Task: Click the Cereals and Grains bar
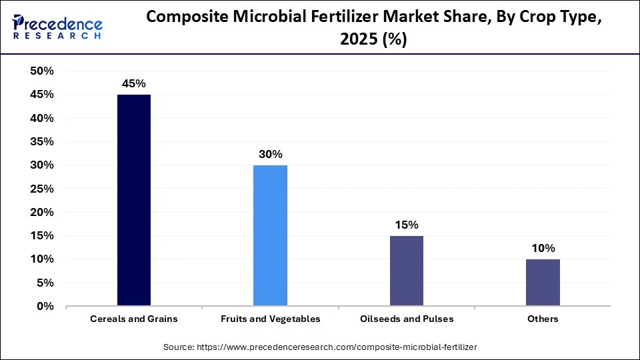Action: click(x=134, y=200)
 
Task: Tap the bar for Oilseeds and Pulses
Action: click(x=406, y=271)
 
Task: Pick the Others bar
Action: click(x=543, y=283)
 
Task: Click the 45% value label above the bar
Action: click(x=133, y=84)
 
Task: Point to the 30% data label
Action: click(x=270, y=154)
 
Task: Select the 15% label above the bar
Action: click(x=406, y=225)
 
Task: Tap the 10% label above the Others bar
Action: click(x=543, y=248)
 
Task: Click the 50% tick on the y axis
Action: click(x=42, y=71)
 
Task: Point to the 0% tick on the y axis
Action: click(x=45, y=307)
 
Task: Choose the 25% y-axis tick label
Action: click(x=42, y=189)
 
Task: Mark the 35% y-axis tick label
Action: click(x=42, y=142)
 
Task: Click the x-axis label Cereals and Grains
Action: click(x=134, y=319)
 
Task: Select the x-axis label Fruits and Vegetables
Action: click(x=270, y=319)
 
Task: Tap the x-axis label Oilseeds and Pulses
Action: click(x=406, y=319)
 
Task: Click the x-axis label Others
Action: click(x=543, y=319)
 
